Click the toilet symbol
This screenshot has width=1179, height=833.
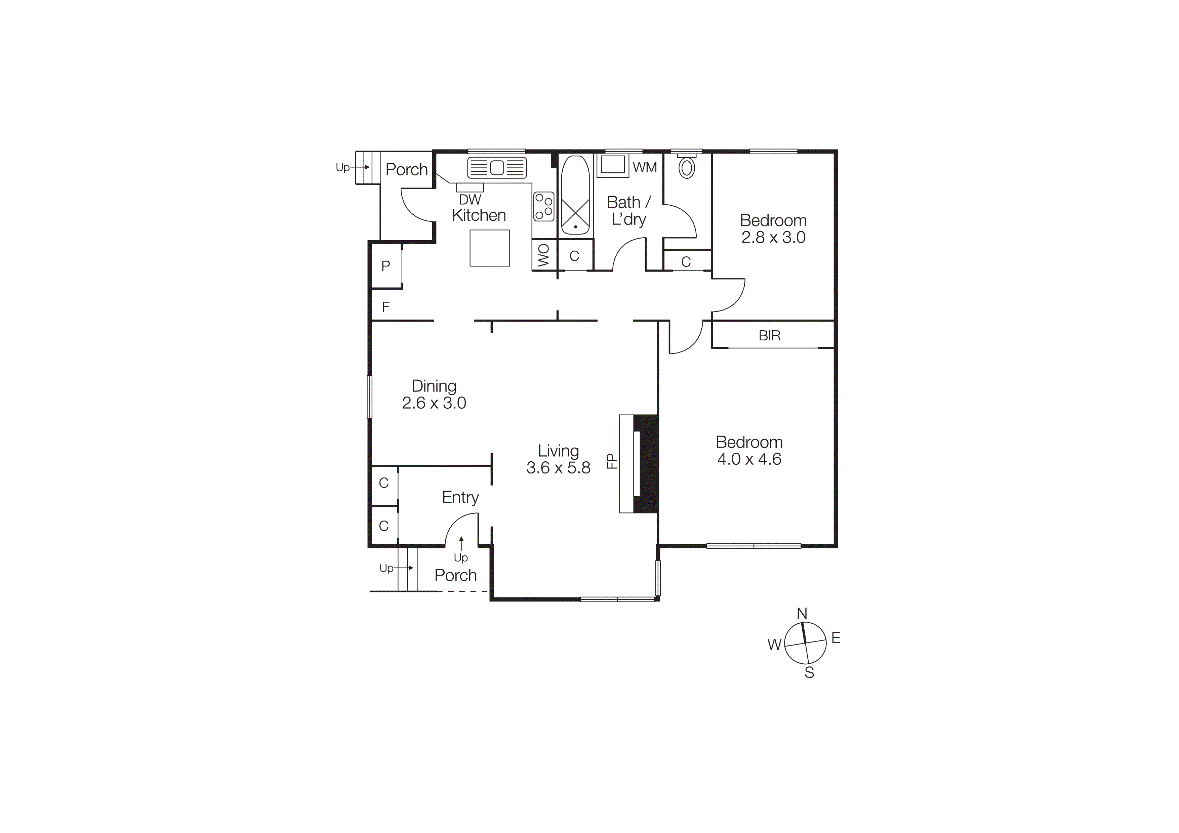(687, 167)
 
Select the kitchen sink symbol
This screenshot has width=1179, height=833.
(496, 168)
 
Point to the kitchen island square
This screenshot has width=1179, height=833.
(489, 248)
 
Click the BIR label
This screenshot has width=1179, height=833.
(769, 336)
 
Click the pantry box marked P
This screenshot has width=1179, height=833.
(385, 266)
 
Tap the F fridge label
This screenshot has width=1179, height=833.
(385, 307)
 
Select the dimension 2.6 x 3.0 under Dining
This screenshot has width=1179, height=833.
(434, 403)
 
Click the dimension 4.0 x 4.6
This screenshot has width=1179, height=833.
(749, 459)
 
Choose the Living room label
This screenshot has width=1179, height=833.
(558, 451)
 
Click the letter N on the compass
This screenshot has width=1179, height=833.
(802, 613)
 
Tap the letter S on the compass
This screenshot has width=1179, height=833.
(809, 673)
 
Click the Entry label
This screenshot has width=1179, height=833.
(460, 497)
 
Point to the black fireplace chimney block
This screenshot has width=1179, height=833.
(646, 463)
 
